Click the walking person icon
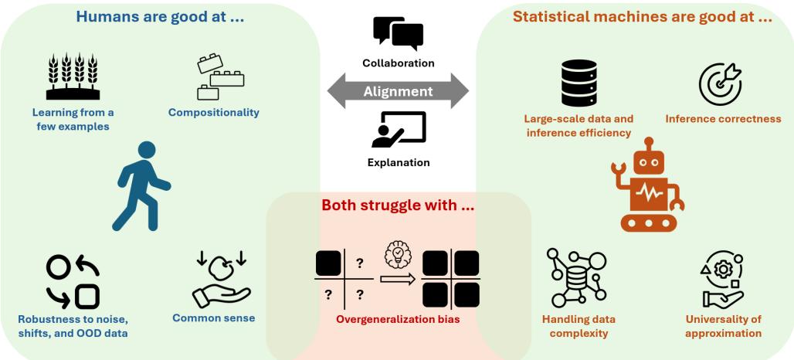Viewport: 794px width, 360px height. pyautogui.click(x=142, y=186)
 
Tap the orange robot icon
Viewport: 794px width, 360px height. pyautogui.click(x=648, y=185)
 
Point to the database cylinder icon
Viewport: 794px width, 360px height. pyautogui.click(x=579, y=83)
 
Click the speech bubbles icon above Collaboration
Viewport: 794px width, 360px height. pyautogui.click(x=398, y=32)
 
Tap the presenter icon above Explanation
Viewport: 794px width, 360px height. pyautogui.click(x=398, y=130)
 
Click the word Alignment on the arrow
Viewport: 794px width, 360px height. pyautogui.click(x=398, y=90)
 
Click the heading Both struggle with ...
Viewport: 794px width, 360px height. pyautogui.click(x=398, y=206)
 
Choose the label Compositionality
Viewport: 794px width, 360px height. pyautogui.click(x=213, y=113)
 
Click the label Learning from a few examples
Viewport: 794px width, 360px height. pyautogui.click(x=68, y=120)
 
